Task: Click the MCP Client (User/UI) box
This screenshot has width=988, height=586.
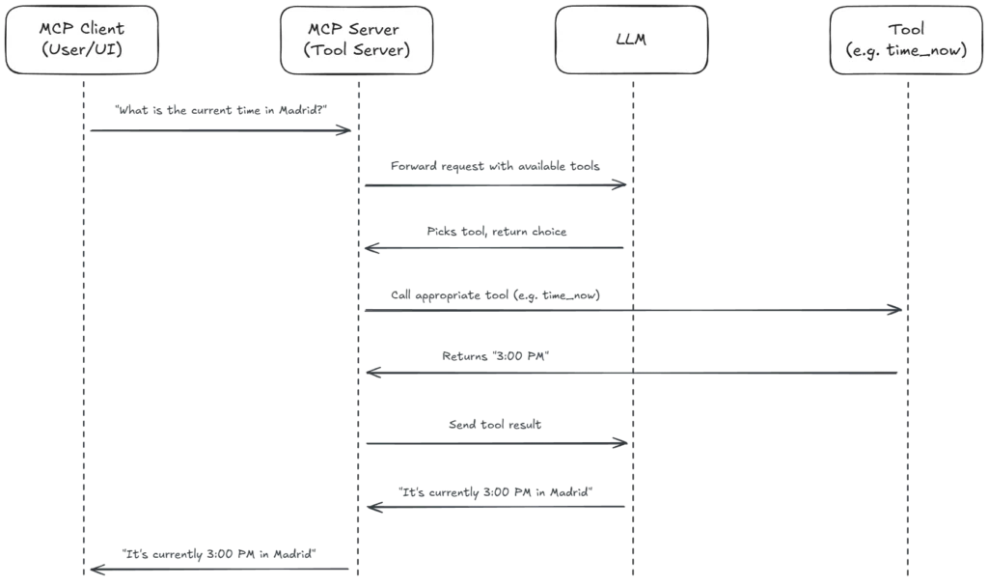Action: tap(81, 40)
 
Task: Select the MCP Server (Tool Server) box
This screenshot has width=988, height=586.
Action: tap(358, 40)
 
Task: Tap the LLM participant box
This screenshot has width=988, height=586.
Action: tap(632, 40)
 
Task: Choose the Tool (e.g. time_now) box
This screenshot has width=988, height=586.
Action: tap(906, 40)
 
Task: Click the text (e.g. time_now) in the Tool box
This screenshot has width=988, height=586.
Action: tap(906, 50)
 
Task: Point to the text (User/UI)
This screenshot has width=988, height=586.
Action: tap(81, 50)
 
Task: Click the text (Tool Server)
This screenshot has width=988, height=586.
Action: tap(358, 50)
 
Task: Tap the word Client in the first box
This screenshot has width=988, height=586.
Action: tap(101, 29)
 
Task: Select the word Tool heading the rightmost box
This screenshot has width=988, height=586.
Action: tap(906, 29)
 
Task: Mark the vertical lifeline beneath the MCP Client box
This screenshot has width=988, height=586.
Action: tap(92, 338)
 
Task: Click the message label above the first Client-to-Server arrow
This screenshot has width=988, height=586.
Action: tap(222, 107)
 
